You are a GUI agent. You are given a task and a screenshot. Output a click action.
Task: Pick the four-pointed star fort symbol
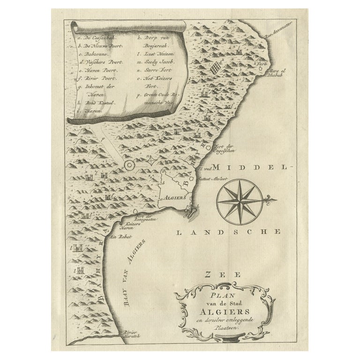coord(150,162)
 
